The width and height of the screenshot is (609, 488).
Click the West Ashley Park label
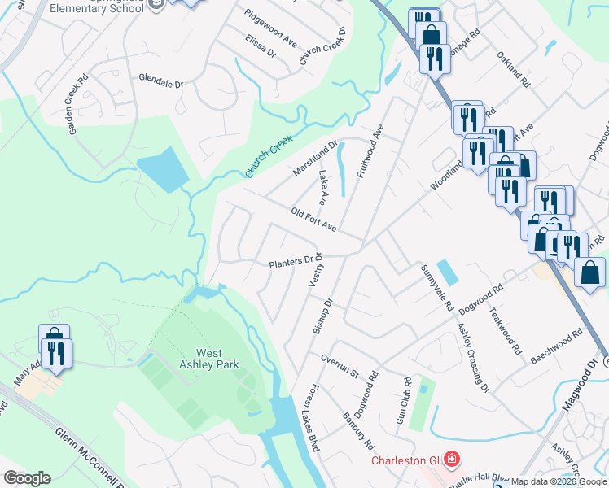pyautogui.click(x=217, y=359)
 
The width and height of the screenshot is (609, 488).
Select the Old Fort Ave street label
pyautogui.click(x=313, y=218)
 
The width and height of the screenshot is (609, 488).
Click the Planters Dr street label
pyautogui.click(x=291, y=263)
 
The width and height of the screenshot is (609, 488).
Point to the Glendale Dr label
pyautogui.click(x=161, y=82)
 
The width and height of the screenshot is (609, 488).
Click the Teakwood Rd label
pyautogui.click(x=504, y=330)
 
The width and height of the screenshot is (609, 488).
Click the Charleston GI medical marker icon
pyautogui.click(x=451, y=460)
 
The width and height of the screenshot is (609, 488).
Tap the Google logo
pyautogui.click(x=26, y=478)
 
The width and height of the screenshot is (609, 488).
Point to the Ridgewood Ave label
pyautogui.click(x=269, y=26)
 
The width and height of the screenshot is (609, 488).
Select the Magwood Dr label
pyautogui.click(x=584, y=387)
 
